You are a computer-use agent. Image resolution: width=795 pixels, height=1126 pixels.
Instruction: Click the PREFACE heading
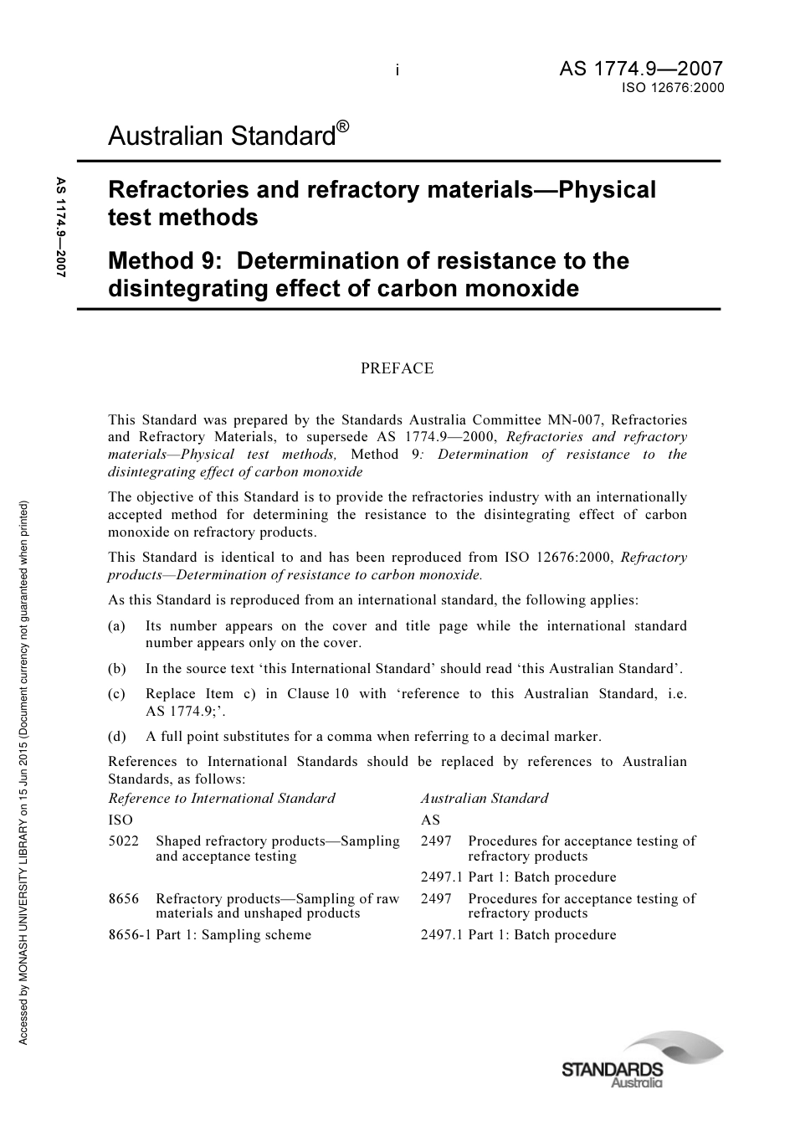pos(397,368)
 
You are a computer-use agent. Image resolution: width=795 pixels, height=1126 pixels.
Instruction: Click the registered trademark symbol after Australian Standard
pos(343,126)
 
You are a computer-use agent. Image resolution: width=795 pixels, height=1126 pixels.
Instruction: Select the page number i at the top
pos(397,71)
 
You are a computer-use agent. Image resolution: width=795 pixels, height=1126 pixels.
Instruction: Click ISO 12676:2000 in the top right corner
pos(672,87)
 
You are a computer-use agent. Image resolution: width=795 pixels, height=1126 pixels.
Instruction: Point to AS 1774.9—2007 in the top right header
pos(640,69)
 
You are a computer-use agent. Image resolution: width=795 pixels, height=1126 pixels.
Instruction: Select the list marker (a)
pos(117,626)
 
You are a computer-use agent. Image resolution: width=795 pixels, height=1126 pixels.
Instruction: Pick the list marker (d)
pos(117,737)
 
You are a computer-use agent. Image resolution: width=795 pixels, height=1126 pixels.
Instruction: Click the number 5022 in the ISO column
pos(124,841)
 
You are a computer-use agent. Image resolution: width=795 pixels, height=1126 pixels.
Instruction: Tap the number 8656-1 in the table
pos(130,935)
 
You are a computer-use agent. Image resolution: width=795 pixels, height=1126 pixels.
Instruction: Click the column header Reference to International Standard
pos(222,799)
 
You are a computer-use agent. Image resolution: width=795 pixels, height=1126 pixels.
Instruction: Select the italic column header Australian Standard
pos(484,799)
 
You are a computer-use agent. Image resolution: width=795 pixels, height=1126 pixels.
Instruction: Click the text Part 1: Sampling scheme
pos(233,935)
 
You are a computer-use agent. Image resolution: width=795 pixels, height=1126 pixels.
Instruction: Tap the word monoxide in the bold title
pos(528,289)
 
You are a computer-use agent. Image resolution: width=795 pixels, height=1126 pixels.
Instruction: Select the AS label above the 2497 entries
pos(430,820)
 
